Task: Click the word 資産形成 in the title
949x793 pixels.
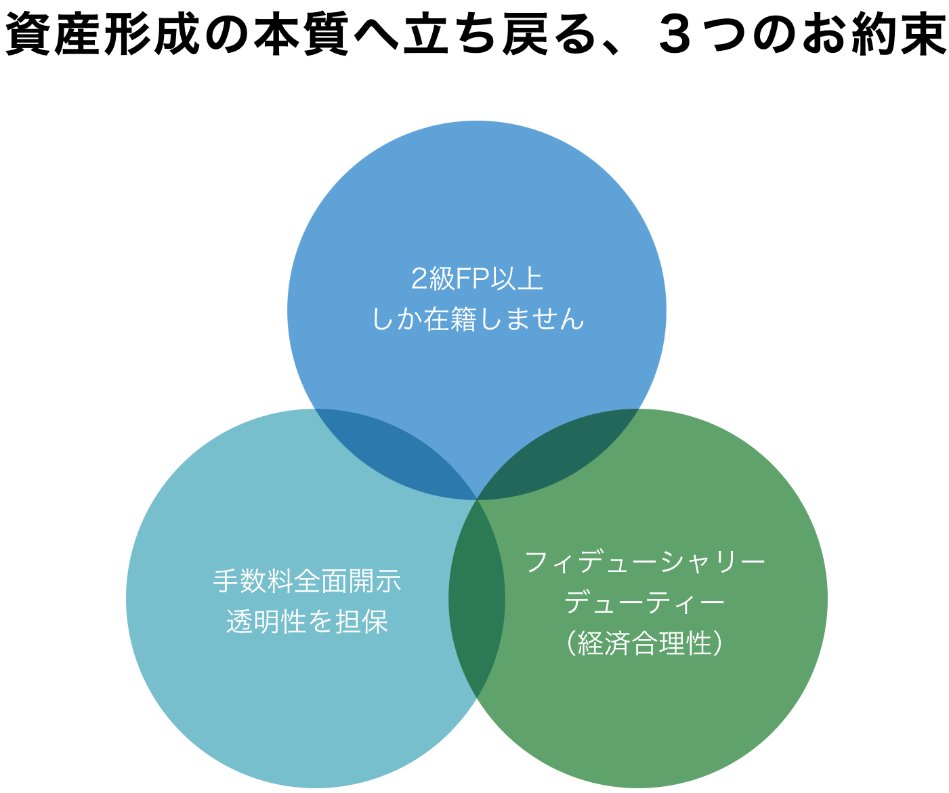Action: click(100, 34)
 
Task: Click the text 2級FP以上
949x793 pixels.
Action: click(477, 279)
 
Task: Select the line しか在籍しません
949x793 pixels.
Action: click(477, 319)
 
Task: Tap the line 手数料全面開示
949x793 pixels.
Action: click(307, 582)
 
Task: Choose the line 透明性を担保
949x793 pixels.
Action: click(307, 621)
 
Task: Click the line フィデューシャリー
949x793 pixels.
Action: click(644, 562)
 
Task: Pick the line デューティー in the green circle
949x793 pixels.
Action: click(644, 602)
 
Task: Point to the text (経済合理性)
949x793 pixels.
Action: click(644, 643)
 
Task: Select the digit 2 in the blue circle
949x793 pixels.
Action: click(419, 279)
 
